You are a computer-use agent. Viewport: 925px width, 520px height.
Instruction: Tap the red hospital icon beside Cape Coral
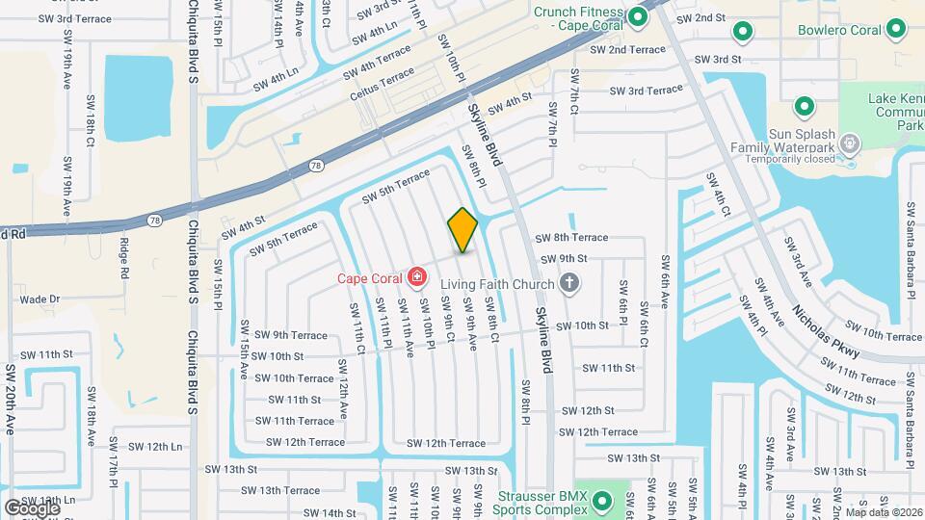(x=416, y=278)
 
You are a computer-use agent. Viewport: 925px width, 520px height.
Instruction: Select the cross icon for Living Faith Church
(x=569, y=283)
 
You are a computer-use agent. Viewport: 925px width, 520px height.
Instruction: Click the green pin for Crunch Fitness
(x=637, y=16)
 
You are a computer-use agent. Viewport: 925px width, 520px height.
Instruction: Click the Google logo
(x=31, y=507)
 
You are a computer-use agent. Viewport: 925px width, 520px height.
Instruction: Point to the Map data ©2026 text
(x=884, y=511)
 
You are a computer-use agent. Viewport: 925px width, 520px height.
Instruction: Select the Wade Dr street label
(x=40, y=299)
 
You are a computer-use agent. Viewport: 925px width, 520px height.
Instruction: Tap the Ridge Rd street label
(x=124, y=259)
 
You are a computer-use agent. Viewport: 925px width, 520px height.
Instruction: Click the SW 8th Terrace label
(x=571, y=237)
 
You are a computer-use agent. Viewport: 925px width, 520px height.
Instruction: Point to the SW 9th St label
(x=563, y=258)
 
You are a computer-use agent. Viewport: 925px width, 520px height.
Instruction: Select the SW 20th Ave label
(x=11, y=400)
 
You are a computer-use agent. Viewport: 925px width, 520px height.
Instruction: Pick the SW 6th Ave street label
(x=664, y=281)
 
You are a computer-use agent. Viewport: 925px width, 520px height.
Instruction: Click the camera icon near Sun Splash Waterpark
(x=849, y=144)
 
